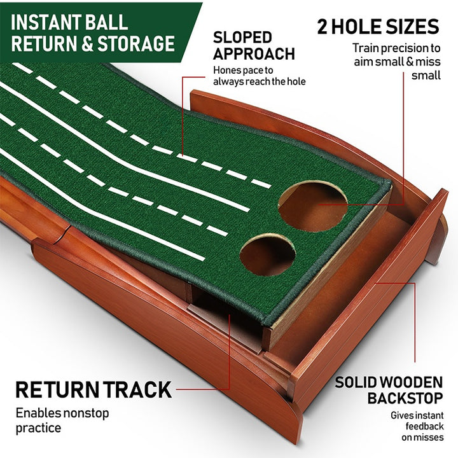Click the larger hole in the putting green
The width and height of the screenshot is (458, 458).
pyautogui.click(x=312, y=206)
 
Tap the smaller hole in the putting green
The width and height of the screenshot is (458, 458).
pyautogui.click(x=267, y=254)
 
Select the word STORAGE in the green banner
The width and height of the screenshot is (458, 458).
pyautogui.click(x=136, y=43)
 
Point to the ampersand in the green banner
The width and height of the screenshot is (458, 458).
pyautogui.click(x=87, y=44)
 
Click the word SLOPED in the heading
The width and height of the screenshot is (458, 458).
pyautogui.click(x=242, y=38)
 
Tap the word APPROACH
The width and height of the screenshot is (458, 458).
pyautogui.click(x=254, y=54)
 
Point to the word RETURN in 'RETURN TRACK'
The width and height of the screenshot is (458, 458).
pyautogui.click(x=57, y=390)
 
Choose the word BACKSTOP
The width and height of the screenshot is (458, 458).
pyautogui.click(x=405, y=398)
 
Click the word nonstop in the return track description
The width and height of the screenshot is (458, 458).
pyautogui.click(x=86, y=413)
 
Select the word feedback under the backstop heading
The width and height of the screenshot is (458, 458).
pyautogui.click(x=424, y=427)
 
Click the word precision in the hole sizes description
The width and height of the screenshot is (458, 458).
pyautogui.click(x=399, y=48)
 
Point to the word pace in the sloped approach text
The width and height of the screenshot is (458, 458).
pyautogui.click(x=247, y=71)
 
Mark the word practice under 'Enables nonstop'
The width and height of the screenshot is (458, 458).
pyautogui.click(x=38, y=428)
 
